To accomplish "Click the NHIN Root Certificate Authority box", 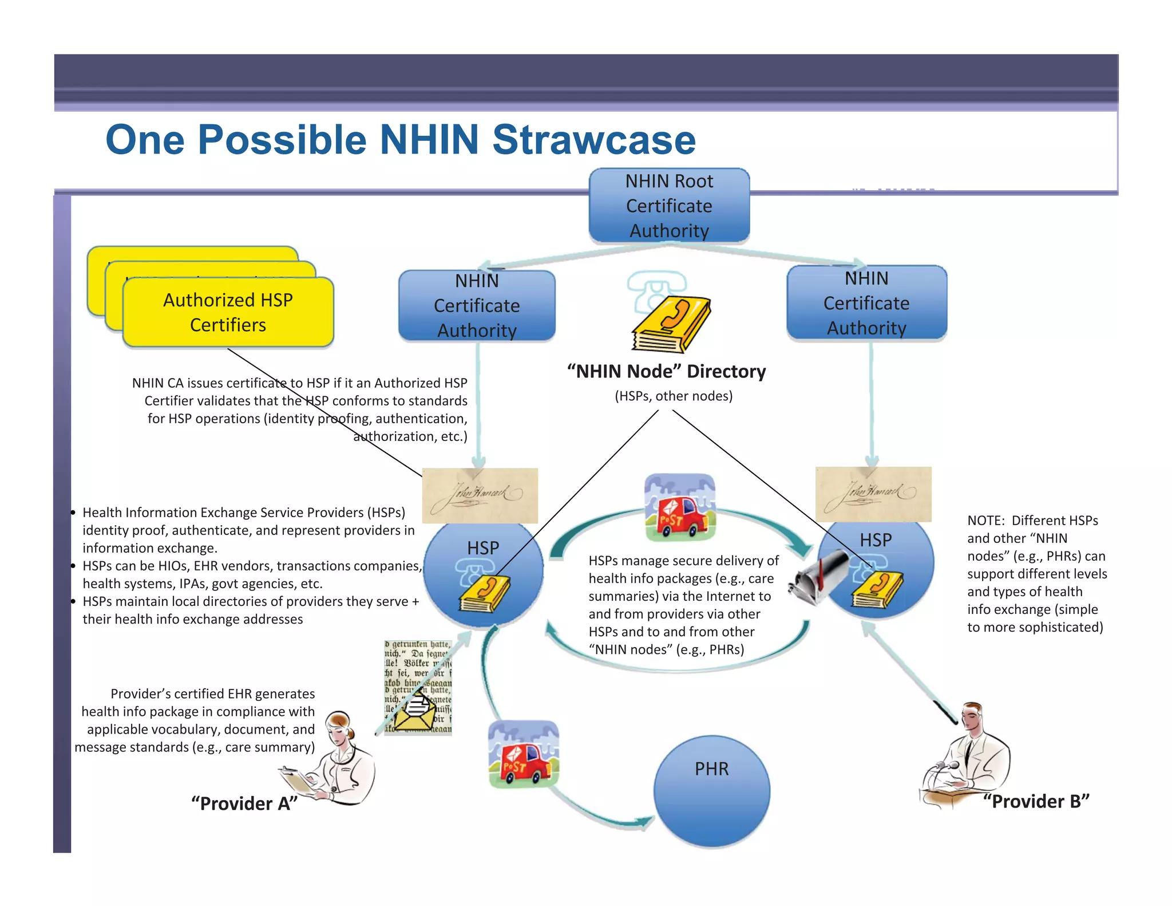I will [669, 205].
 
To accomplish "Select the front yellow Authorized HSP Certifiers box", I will [228, 312].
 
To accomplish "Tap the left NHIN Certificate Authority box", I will [477, 306].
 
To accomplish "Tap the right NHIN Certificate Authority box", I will [866, 303].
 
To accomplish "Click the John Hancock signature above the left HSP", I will [480, 495].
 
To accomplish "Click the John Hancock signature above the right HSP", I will [873, 494].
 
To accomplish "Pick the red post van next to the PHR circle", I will [523, 754].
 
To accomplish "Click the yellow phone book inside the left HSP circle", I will [484, 594].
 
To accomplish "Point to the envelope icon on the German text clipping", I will [417, 710].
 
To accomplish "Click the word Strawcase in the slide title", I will [593, 140].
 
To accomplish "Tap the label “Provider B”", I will [1036, 801].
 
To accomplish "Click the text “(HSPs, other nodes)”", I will [674, 396].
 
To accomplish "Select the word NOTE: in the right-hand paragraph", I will [985, 521].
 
